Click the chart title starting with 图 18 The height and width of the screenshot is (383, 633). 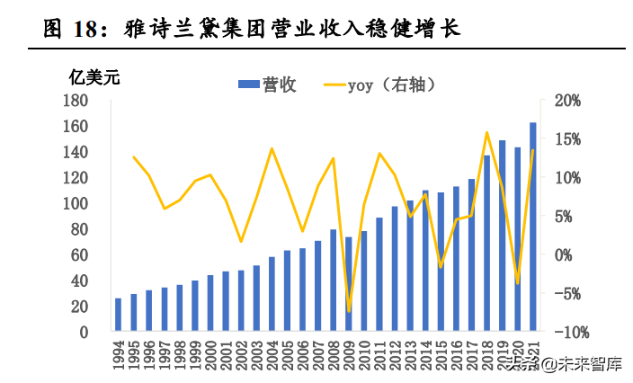pyautogui.click(x=252, y=28)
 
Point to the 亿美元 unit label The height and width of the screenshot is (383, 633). pyautogui.click(x=94, y=76)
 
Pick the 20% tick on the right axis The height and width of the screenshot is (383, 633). pyautogui.click(x=570, y=101)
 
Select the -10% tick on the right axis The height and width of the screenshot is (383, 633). pyautogui.click(x=568, y=333)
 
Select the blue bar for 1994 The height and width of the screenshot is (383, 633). pyautogui.click(x=118, y=315)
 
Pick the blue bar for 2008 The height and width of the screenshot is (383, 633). pyautogui.click(x=333, y=281)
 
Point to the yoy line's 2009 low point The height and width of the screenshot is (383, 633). pyautogui.click(x=349, y=311)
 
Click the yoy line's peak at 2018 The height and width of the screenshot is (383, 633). pyautogui.click(x=486, y=133)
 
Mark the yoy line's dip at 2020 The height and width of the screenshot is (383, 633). pyautogui.click(x=518, y=283)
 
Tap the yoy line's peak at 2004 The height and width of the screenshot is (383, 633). pyautogui.click(x=272, y=148)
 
